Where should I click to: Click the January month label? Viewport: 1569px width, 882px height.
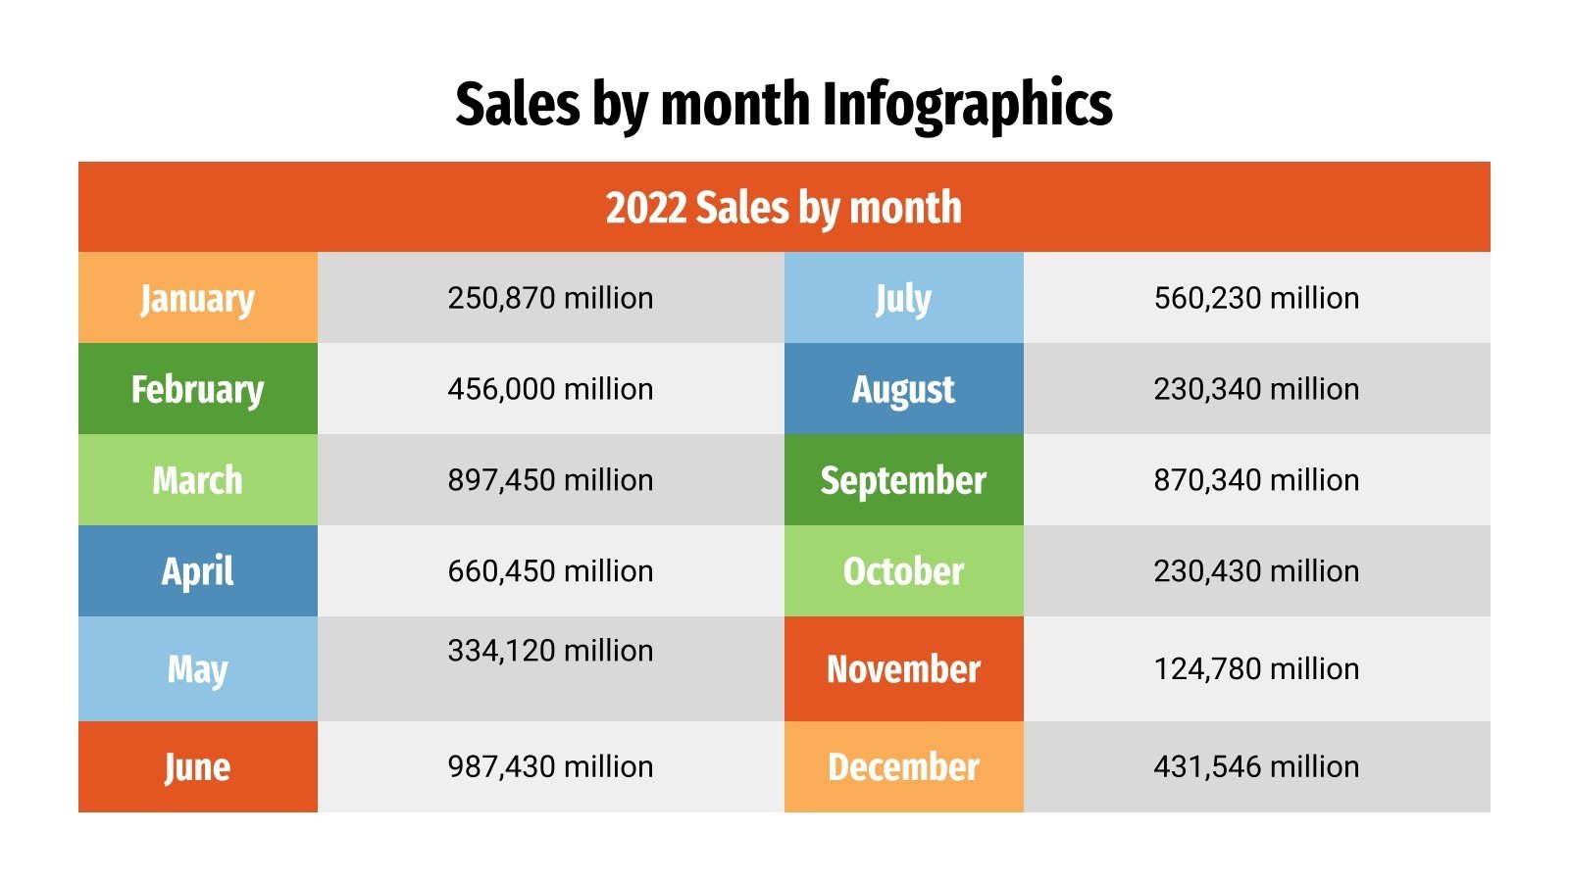197,298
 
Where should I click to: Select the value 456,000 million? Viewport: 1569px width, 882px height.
550,389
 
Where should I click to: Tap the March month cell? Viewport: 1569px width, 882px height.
197,480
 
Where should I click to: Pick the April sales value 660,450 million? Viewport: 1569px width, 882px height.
550,571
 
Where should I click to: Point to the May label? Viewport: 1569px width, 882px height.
197,669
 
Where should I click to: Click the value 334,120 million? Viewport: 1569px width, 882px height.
550,651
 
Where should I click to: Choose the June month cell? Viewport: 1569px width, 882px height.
197,766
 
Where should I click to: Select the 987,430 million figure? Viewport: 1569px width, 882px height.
550,766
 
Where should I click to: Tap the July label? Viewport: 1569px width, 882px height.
903,298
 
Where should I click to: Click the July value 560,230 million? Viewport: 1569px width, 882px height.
1256,298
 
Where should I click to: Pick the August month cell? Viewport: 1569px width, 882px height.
903,389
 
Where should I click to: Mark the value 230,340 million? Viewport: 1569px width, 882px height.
1256,389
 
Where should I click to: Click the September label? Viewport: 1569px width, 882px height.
903,480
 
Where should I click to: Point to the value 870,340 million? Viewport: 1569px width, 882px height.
1256,480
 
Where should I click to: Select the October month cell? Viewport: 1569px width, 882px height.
903,571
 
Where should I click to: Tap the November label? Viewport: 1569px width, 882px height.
903,669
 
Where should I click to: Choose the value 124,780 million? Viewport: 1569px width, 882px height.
1256,669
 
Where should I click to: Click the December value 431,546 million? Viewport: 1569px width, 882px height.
1256,766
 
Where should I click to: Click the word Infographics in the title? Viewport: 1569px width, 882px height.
967,104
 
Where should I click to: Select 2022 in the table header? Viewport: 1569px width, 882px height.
645,208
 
